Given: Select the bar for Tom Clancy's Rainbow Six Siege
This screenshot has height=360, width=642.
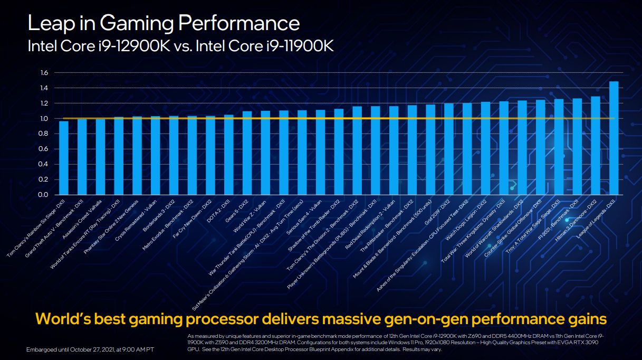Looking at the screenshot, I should click(x=64, y=158).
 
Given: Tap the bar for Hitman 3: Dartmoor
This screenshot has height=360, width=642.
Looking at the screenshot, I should click(x=596, y=146).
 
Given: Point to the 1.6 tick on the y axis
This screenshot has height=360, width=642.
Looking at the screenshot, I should click(x=44, y=73).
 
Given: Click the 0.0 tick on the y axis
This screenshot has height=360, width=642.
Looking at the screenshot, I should click(x=44, y=195).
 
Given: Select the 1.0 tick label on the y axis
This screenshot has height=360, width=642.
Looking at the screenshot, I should click(x=44, y=119).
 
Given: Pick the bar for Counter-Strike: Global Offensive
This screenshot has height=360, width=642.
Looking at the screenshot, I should click(x=540, y=147).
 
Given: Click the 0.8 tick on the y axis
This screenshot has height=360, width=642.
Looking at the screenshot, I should click(x=44, y=134).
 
